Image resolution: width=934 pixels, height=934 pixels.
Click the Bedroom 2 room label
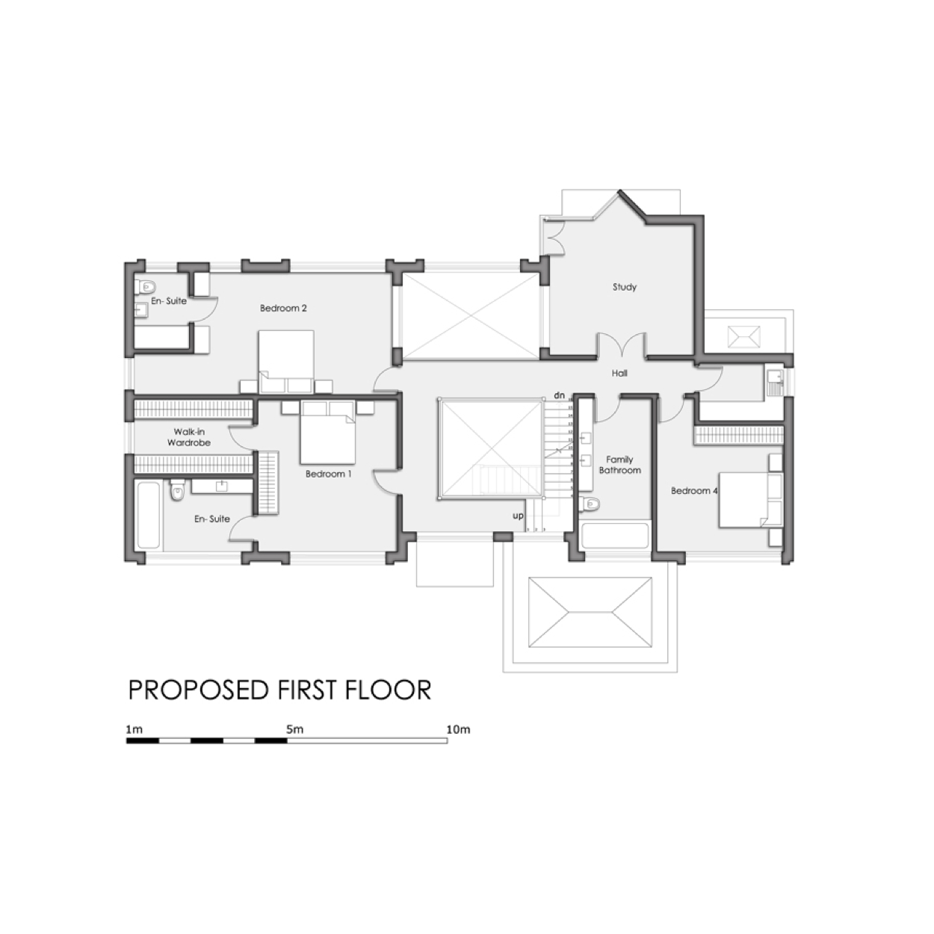coord(283,308)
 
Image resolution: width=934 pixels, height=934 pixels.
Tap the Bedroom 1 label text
coord(328,474)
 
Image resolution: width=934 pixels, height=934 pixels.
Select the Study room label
coord(624,287)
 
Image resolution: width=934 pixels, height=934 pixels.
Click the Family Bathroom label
coord(619,465)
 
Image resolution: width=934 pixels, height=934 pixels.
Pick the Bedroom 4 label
coord(694,491)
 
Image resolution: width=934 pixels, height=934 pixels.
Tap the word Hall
coord(619,373)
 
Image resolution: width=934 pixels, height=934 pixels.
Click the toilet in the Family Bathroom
coord(590,504)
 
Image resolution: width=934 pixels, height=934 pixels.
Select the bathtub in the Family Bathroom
coord(614,536)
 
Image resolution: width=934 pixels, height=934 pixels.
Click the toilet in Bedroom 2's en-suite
coord(145,286)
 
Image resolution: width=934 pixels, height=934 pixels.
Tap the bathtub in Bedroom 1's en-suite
coord(149,515)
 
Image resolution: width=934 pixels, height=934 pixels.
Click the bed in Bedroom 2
coord(285,355)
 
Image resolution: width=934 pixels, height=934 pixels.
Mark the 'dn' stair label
coord(559,395)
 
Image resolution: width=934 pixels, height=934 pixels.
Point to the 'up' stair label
coord(518,516)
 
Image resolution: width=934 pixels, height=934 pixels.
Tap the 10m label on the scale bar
coord(458,729)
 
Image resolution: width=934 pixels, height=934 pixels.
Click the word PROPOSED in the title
coord(199,690)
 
